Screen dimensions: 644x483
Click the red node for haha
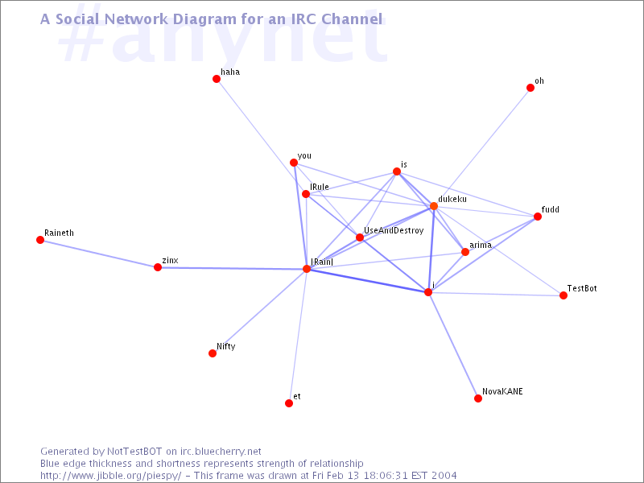pos(217,79)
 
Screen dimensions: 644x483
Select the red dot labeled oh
pos(530,88)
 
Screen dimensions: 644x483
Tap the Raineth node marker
pos(40,240)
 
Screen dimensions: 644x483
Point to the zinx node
pos(158,267)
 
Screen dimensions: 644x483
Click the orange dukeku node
pos(434,206)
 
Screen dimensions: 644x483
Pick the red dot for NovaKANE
pos(478,398)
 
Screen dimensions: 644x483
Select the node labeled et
pos(289,403)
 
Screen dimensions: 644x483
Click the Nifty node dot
pos(213,353)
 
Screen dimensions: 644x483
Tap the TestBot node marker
pos(563,295)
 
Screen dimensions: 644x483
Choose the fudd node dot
pos(538,217)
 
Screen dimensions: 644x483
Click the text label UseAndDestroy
pos(394,231)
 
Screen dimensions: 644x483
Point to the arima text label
pos(481,246)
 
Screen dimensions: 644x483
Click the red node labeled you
pos(294,163)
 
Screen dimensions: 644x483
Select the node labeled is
pos(397,171)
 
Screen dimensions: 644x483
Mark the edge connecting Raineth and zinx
pos(99,254)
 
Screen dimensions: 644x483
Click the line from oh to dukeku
pos(482,147)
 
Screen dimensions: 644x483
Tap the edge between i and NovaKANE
pos(453,345)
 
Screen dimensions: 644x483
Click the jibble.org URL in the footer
pos(111,476)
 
